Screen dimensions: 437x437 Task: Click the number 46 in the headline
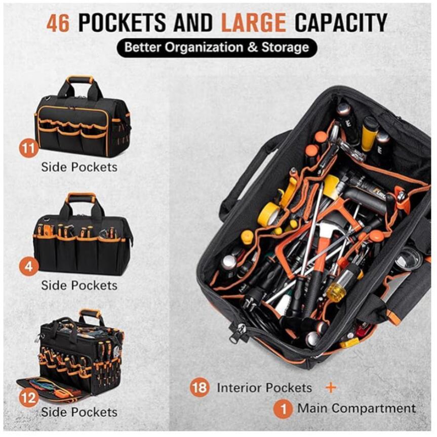coord(58,23)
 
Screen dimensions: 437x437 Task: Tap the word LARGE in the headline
coord(254,23)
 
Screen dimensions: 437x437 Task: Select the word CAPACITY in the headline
coord(341,23)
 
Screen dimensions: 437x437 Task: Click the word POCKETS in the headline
coord(122,23)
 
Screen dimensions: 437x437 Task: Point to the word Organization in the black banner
coord(204,48)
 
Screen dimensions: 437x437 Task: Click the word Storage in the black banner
coord(285,48)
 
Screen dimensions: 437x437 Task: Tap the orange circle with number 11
coord(28,148)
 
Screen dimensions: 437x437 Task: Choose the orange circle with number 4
coord(28,267)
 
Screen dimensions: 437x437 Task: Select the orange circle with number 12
coord(28,397)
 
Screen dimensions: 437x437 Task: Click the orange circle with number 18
coord(200,387)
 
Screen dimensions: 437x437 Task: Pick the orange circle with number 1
coord(283,409)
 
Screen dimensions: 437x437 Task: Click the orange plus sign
coord(331,388)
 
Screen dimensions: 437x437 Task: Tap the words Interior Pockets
coord(264,388)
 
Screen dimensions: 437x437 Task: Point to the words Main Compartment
coord(356,408)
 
